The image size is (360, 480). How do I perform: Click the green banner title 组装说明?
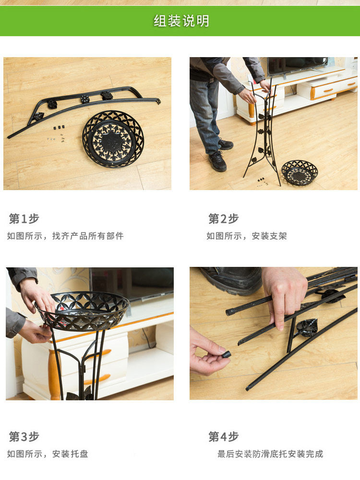coord(181,21)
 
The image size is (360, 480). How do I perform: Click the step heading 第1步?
coord(24,219)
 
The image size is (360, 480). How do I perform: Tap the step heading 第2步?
coord(224,219)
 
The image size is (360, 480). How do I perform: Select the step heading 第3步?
coord(24,436)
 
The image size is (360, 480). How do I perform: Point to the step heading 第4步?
coord(224,436)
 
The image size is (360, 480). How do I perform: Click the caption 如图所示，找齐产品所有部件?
coord(65,236)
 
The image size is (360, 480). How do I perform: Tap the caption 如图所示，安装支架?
coord(246,236)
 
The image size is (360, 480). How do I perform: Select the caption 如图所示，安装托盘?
coord(48,454)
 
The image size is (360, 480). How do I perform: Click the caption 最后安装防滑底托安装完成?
coord(270,454)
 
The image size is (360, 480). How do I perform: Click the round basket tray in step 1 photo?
coord(113,139)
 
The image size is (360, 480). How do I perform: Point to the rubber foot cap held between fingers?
coord(226,355)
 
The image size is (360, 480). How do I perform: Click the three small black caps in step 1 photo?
coord(59,127)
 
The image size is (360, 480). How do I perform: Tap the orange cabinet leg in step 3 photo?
coord(55,374)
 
